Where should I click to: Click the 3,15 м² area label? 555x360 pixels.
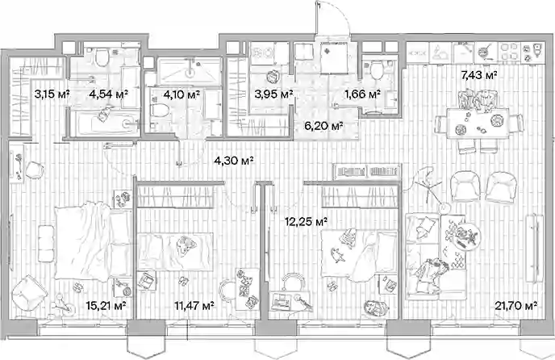(x=52, y=94)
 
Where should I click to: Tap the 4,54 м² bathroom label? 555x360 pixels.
(x=109, y=94)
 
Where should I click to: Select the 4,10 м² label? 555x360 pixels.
(x=182, y=94)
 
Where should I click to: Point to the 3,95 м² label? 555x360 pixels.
(x=274, y=94)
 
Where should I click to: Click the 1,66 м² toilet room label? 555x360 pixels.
(x=363, y=94)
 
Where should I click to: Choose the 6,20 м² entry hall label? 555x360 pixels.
(x=323, y=126)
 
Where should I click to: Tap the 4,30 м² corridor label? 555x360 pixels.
(x=234, y=161)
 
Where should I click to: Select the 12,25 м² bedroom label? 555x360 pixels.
(x=306, y=222)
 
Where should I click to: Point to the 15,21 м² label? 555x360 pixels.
(x=106, y=305)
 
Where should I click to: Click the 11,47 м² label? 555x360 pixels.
(x=194, y=305)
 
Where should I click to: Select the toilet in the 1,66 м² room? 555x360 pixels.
(x=376, y=69)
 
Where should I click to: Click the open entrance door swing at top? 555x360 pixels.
(x=332, y=18)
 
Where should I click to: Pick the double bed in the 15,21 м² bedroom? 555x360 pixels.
(x=93, y=241)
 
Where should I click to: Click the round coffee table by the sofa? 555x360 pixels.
(x=464, y=235)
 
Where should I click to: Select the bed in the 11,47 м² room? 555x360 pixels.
(x=176, y=252)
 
